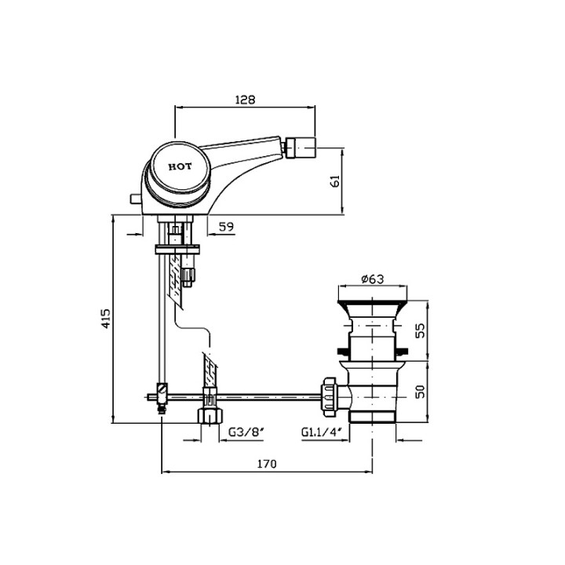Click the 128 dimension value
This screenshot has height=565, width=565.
(245, 100)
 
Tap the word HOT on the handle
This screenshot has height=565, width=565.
(180, 166)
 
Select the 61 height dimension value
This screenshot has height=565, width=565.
(335, 181)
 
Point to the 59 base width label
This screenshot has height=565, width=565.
(226, 227)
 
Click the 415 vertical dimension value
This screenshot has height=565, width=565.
(106, 318)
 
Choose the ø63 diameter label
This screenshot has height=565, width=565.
(373, 279)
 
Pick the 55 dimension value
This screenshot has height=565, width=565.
(420, 330)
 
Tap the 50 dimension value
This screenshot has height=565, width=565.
(420, 392)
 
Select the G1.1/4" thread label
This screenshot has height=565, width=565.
(321, 432)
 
